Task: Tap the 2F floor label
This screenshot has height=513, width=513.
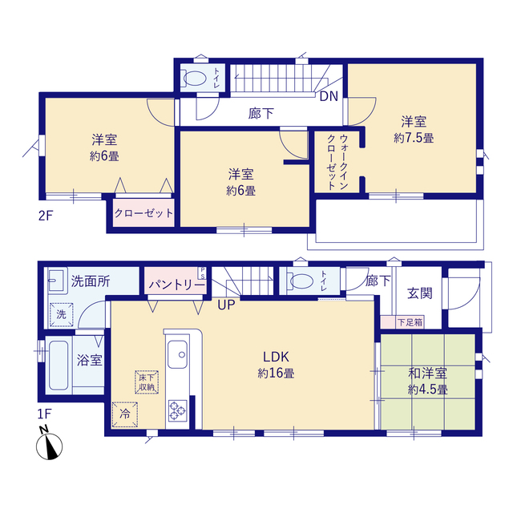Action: pyautogui.click(x=46, y=216)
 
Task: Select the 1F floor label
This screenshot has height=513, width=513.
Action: pyautogui.click(x=45, y=414)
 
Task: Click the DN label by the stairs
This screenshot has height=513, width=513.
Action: pyautogui.click(x=329, y=96)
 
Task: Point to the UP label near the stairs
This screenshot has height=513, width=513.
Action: pyautogui.click(x=226, y=305)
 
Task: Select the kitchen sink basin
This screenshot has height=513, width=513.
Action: pyautogui.click(x=178, y=354)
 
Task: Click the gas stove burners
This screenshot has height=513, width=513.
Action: pyautogui.click(x=178, y=410)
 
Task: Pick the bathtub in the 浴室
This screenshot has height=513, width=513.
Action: pyautogui.click(x=59, y=366)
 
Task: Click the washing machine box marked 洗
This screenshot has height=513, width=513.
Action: pyautogui.click(x=61, y=314)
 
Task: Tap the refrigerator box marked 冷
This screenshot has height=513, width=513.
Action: pyautogui.click(x=125, y=414)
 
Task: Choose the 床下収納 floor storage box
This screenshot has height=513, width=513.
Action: pyautogui.click(x=147, y=382)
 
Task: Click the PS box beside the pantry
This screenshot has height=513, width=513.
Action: pyautogui.click(x=202, y=273)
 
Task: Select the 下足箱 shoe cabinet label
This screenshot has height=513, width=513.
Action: pyautogui.click(x=410, y=322)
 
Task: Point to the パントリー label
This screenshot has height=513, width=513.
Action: pyautogui.click(x=177, y=285)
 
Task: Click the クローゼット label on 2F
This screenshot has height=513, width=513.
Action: pyautogui.click(x=143, y=213)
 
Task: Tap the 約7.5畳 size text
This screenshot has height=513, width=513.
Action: pyautogui.click(x=414, y=138)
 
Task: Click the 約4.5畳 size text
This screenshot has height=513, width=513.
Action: pyautogui.click(x=427, y=390)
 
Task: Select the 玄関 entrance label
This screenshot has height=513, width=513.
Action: pyautogui.click(x=419, y=293)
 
